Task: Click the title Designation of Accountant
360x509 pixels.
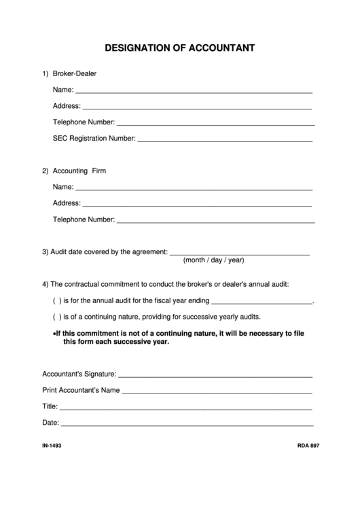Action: click(x=180, y=48)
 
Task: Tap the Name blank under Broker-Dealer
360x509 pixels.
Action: click(x=194, y=90)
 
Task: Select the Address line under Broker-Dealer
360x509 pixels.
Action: click(x=197, y=107)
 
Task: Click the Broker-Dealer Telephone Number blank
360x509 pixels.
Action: click(x=215, y=124)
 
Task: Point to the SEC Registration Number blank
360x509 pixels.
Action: click(x=225, y=139)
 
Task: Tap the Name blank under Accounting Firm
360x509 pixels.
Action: click(x=194, y=188)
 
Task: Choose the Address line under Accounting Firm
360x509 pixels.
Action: click(x=197, y=204)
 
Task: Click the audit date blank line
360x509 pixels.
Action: click(x=239, y=253)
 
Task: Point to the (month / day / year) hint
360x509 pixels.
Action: click(x=213, y=260)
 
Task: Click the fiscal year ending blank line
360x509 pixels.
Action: click(x=262, y=302)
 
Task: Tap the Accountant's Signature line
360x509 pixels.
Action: click(x=215, y=374)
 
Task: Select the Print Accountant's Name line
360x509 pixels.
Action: click(x=217, y=391)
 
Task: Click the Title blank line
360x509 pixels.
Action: click(x=185, y=408)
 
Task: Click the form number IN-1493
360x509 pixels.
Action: click(x=52, y=446)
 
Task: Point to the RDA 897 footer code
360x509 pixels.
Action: click(x=308, y=446)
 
